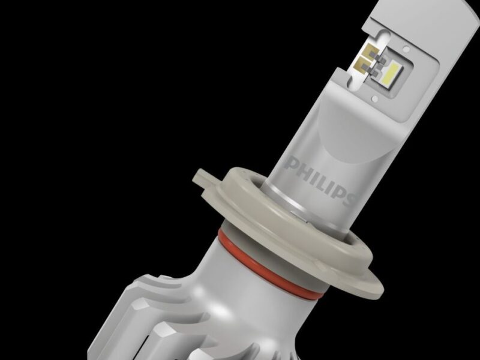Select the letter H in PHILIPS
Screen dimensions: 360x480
coord(303,167)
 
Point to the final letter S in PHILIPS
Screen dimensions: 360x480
coord(349,196)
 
